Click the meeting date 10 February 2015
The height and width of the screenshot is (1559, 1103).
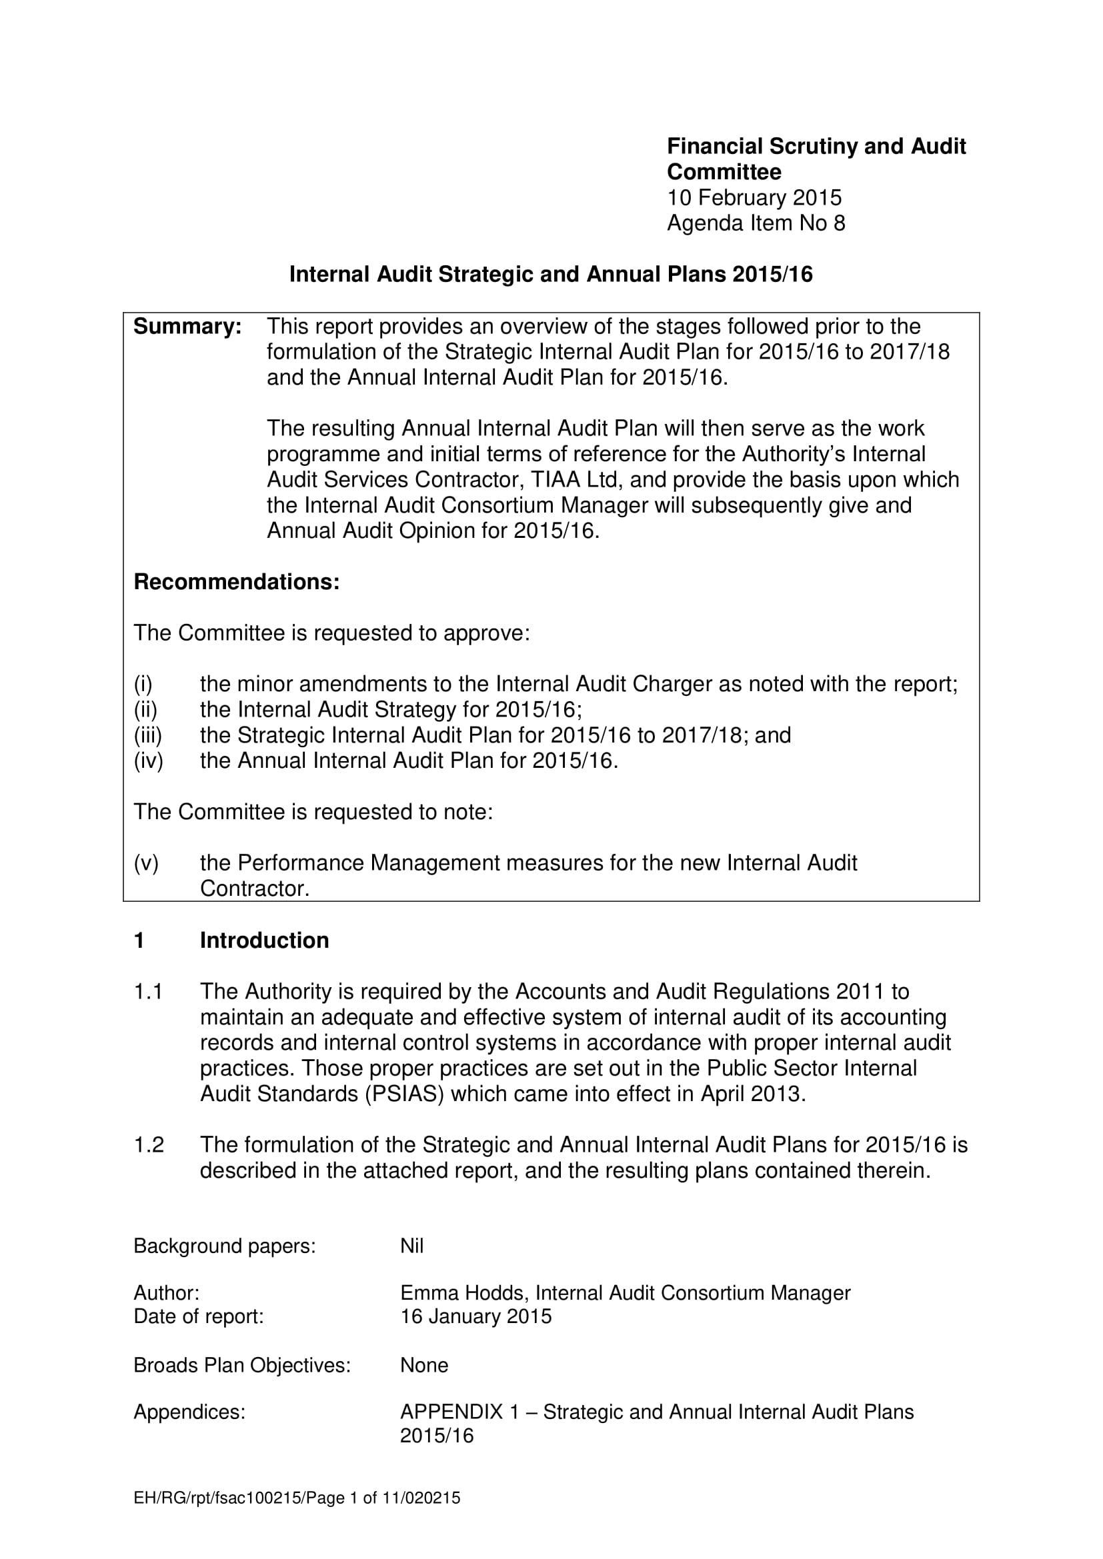click(754, 197)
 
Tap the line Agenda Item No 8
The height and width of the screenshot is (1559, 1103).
click(756, 223)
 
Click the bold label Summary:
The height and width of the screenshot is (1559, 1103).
click(187, 327)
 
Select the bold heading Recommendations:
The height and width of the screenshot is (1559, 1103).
click(236, 582)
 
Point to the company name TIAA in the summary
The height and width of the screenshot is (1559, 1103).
click(556, 479)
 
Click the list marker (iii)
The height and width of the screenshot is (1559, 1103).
click(148, 735)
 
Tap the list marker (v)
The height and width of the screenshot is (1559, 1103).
click(146, 863)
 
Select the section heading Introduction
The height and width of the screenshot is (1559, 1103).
click(264, 940)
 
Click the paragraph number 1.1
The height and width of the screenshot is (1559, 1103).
click(148, 992)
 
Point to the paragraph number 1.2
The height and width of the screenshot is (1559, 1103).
click(149, 1146)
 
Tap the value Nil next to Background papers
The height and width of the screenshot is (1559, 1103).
click(411, 1246)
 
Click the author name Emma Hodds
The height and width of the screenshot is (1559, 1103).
click(464, 1294)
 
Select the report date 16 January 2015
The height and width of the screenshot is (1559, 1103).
click(475, 1316)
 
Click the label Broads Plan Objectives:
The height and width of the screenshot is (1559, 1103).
click(242, 1366)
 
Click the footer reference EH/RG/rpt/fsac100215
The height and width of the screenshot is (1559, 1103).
click(217, 1498)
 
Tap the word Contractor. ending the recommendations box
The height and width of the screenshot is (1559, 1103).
click(255, 889)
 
